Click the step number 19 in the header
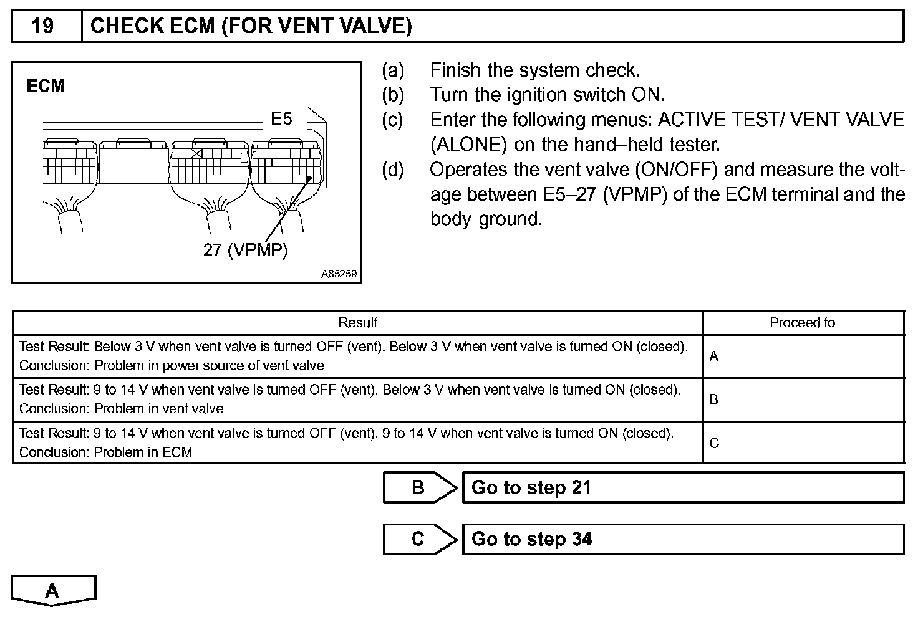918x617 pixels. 43,26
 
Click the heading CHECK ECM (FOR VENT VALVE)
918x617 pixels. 251,26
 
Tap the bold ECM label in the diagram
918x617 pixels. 46,86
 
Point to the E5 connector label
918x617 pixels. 281,118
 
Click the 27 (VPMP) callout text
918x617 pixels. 245,250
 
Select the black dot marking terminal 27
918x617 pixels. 309,179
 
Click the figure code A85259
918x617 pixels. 340,274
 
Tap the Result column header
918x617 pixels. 357,323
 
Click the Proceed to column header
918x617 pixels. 802,323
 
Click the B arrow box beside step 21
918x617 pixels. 419,487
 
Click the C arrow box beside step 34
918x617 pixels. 419,539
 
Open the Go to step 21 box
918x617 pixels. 683,487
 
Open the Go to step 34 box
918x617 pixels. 683,539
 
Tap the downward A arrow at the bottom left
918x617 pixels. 53,590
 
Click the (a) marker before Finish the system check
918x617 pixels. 393,70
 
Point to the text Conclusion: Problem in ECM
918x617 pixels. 105,452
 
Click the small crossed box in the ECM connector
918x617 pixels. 197,153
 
